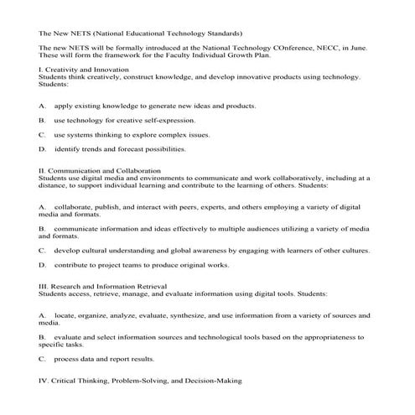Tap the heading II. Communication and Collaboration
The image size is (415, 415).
101,171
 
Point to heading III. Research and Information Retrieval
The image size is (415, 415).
104,287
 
